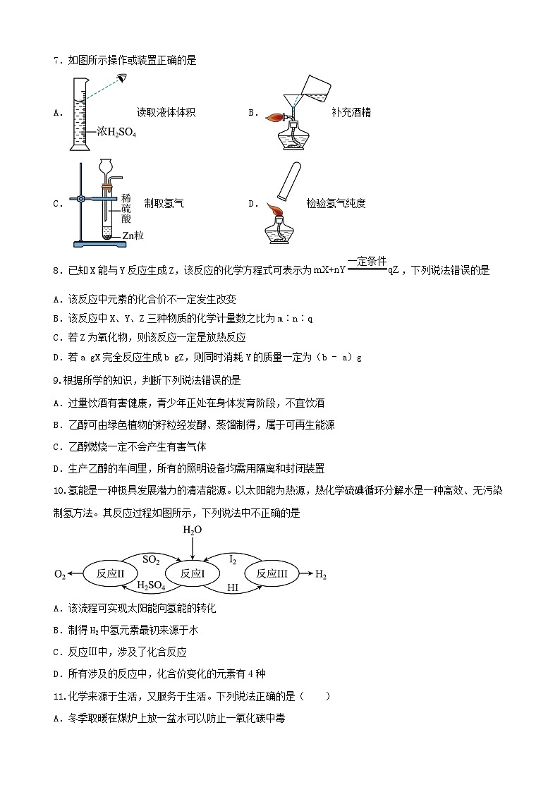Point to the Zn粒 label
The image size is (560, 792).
click(x=133, y=236)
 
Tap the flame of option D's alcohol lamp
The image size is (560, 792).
click(x=274, y=211)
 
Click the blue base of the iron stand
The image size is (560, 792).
click(x=101, y=244)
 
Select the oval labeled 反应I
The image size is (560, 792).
click(x=192, y=574)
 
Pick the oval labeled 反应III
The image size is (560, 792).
click(x=272, y=574)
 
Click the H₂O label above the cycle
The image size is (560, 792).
click(x=192, y=530)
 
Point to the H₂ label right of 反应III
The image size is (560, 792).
click(x=321, y=575)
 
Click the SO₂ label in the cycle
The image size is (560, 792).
click(x=151, y=559)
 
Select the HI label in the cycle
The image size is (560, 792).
click(x=232, y=587)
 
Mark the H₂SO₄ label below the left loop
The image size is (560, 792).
click(x=150, y=586)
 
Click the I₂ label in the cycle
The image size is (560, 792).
click(x=233, y=559)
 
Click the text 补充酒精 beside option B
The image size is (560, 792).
click(x=351, y=112)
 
